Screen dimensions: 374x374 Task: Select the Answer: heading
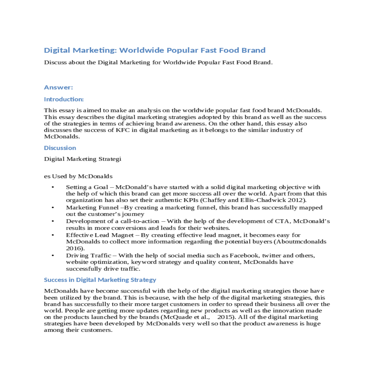[58, 87]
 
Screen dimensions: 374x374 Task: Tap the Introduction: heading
[64, 99]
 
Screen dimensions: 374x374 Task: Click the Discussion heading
[60, 148]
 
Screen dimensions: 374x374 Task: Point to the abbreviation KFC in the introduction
[122, 130]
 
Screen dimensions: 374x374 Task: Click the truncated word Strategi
[110, 159]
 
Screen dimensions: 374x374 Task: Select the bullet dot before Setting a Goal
[53, 187]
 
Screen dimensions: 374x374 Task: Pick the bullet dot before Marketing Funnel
[53, 207]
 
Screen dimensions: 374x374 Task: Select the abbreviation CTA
[282, 221]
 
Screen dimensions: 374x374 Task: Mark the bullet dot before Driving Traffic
[53, 256]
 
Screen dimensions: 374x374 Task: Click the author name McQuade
[175, 317]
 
